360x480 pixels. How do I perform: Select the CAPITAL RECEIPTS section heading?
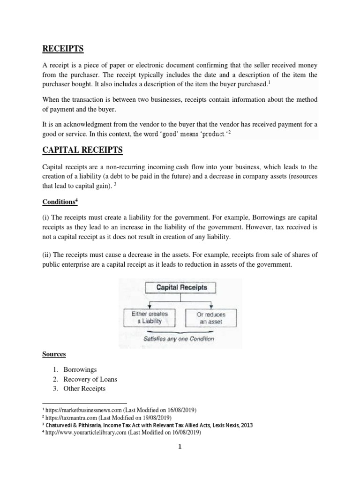pyautogui.click(x=82, y=150)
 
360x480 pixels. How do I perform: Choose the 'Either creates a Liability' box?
pyautogui.click(x=150, y=317)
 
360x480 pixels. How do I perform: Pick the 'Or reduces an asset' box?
pyautogui.click(x=210, y=317)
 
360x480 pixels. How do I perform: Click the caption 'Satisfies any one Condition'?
pyautogui.click(x=180, y=338)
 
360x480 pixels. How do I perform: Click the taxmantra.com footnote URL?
pyautogui.click(x=71, y=418)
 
